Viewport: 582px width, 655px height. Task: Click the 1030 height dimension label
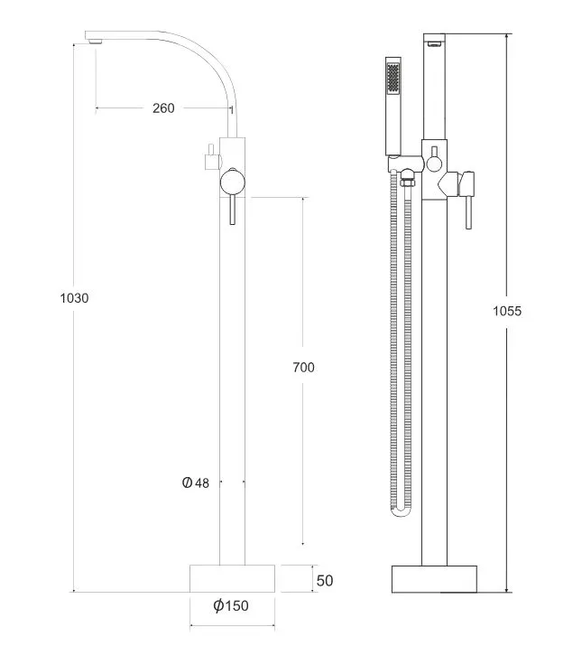coord(74,298)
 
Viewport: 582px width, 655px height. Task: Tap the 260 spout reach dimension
coord(163,108)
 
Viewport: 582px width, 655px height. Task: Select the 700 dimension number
coord(303,367)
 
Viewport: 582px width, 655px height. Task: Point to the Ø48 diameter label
coord(196,482)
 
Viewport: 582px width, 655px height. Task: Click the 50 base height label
coord(325,580)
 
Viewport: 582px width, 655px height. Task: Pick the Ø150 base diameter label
coord(231,605)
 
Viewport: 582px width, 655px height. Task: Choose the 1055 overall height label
coord(507,311)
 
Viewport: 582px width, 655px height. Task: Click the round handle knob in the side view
coord(233,182)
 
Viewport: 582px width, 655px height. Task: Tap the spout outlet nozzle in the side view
coord(96,41)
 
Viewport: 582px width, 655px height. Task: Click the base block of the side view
coord(233,578)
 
